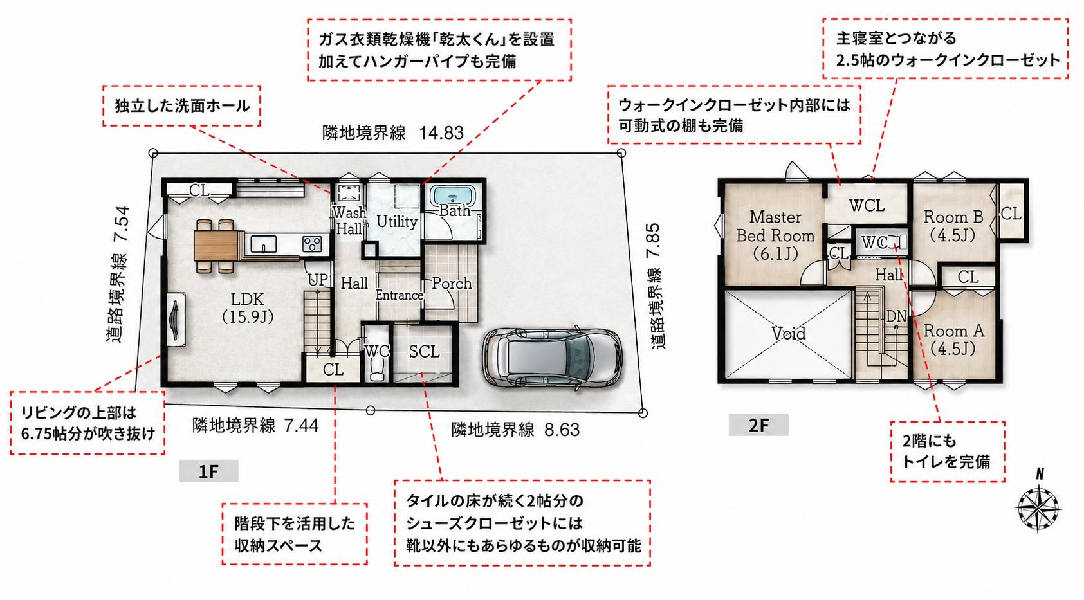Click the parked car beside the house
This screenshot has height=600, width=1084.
click(x=552, y=359)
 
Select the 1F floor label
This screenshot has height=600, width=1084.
click(x=208, y=471)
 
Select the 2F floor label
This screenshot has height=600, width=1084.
click(x=758, y=425)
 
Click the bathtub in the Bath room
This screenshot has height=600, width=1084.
click(x=453, y=197)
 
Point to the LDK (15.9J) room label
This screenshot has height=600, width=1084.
click(x=248, y=307)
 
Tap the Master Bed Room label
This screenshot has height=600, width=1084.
click(x=775, y=235)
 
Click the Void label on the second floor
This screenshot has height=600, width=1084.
click(x=788, y=333)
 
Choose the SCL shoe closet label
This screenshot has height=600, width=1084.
click(x=424, y=352)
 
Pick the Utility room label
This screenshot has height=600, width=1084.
click(x=397, y=222)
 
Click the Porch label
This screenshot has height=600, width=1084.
click(x=452, y=283)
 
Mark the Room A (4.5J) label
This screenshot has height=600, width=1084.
click(x=954, y=340)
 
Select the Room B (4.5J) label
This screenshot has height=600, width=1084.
click(x=953, y=226)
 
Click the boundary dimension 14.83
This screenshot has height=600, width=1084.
click(x=441, y=132)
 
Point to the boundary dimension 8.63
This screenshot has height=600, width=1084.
click(x=562, y=429)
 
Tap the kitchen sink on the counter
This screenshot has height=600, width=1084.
click(x=263, y=243)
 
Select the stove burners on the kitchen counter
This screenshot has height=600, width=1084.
click(x=312, y=243)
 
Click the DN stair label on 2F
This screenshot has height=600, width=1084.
click(x=896, y=316)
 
